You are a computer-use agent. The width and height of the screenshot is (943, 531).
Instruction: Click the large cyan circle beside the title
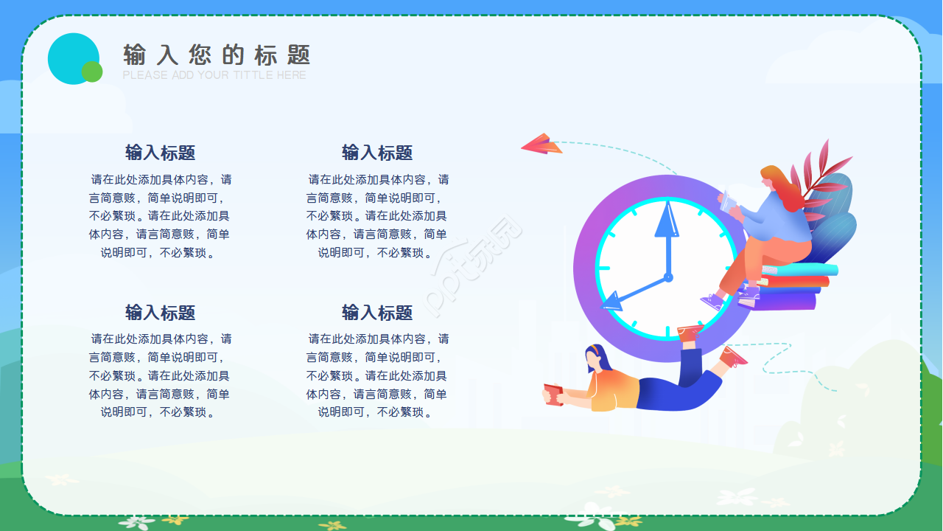71,57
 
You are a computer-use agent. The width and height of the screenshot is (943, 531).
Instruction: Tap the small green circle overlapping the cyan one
92,72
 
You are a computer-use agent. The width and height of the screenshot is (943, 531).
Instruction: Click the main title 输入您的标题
217,55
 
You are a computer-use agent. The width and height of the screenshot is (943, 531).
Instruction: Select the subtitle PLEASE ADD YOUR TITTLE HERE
214,75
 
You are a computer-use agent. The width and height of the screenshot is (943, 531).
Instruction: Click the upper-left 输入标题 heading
160,153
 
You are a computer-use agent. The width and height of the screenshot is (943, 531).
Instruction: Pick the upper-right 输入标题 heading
377,153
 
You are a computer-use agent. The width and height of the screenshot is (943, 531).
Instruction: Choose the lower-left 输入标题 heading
160,313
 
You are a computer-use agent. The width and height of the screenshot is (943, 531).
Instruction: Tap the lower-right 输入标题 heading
377,313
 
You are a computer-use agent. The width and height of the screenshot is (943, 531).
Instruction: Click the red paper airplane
541,144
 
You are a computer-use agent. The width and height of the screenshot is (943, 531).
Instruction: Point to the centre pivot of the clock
668,277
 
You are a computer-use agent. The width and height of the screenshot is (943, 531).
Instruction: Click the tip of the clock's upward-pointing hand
666,204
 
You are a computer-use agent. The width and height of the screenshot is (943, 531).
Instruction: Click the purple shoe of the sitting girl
712,301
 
